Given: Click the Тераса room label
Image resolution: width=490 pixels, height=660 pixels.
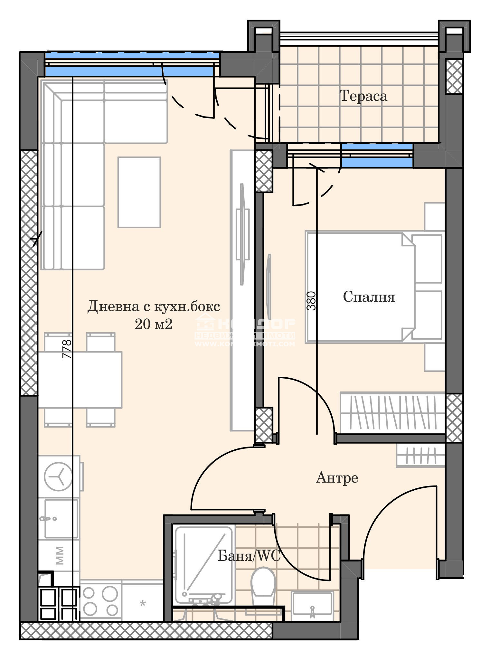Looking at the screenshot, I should pyautogui.click(x=363, y=96).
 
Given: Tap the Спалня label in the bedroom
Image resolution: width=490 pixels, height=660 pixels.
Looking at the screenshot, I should pyautogui.click(x=369, y=297).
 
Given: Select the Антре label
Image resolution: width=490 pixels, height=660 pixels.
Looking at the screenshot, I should pyautogui.click(x=337, y=478).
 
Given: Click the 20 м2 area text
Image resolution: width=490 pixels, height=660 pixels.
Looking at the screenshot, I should pyautogui.click(x=154, y=325).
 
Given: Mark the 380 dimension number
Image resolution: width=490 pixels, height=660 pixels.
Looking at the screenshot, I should pyautogui.click(x=311, y=301).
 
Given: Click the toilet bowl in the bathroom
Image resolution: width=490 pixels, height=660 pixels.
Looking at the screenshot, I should pyautogui.click(x=263, y=584).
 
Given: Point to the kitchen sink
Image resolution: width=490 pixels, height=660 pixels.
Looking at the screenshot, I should pyautogui.click(x=61, y=518).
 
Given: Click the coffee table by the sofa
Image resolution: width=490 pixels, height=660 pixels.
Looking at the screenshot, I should pyautogui.click(x=139, y=192).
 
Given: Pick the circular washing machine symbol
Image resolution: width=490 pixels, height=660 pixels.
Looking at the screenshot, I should pyautogui.click(x=58, y=476).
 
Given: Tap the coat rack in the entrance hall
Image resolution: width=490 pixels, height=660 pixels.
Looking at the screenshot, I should pyautogui.click(x=420, y=456).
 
